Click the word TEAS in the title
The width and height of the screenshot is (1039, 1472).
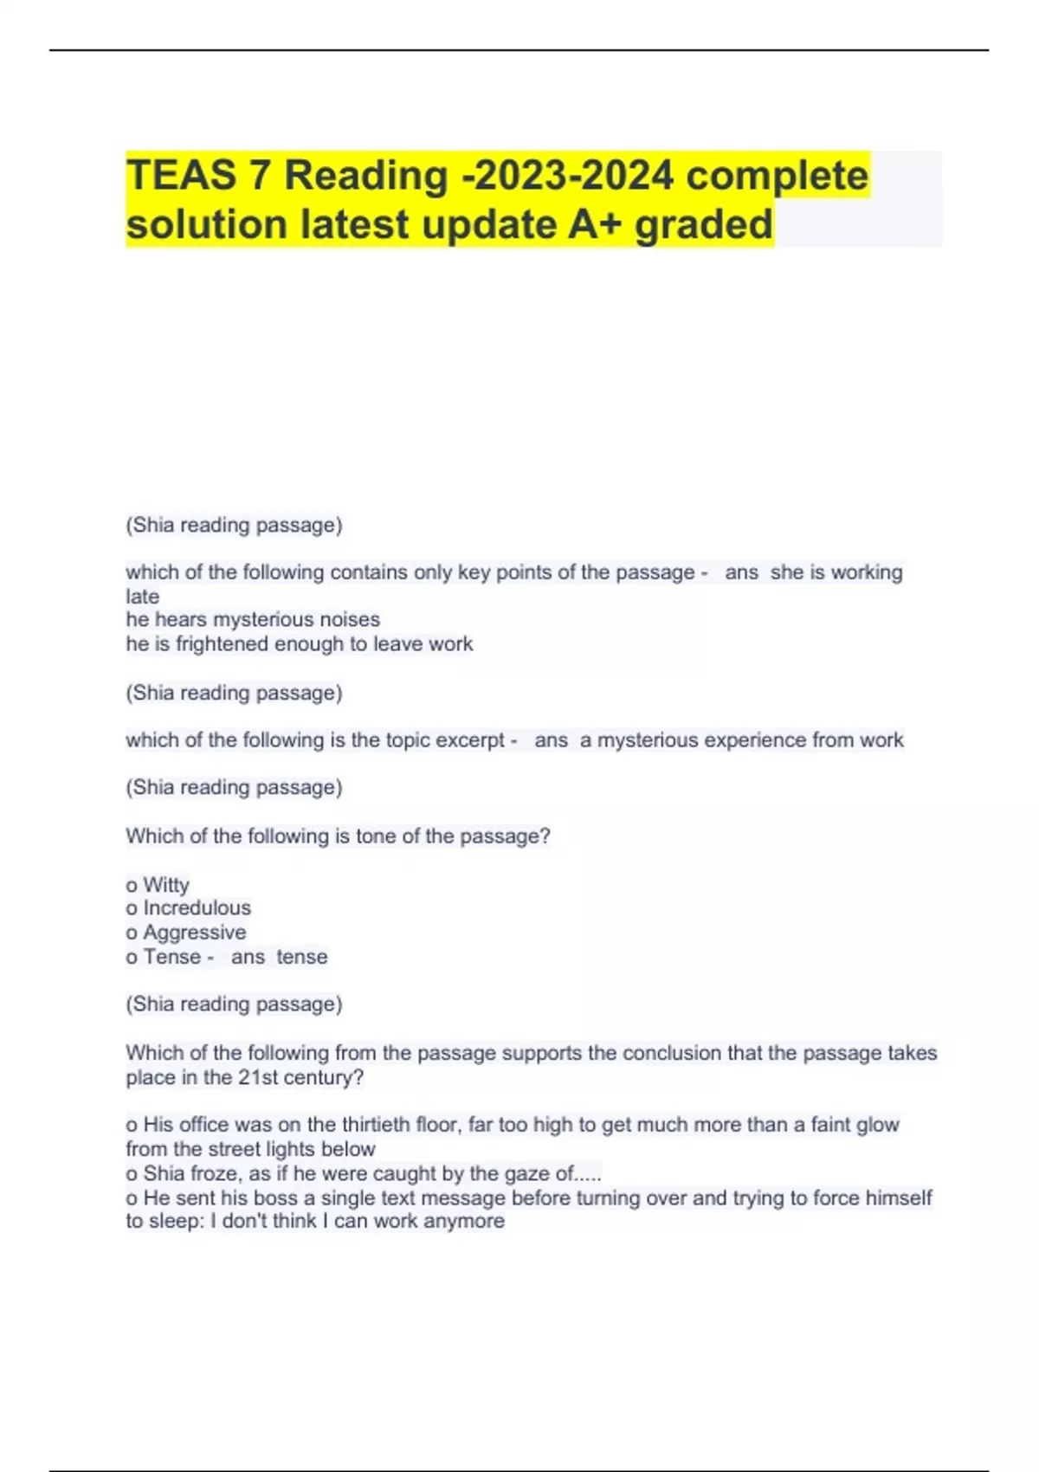pos(180,175)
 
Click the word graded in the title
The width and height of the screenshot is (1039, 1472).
pos(703,224)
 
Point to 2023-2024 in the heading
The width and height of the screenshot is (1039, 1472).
pos(569,175)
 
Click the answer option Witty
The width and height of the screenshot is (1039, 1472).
pos(165,885)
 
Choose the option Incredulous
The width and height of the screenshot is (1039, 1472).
pos(197,908)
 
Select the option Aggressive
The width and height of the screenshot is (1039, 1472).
pos(194,933)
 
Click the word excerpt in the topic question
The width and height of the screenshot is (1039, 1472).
pos(469,740)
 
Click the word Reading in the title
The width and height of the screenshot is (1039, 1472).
pos(365,175)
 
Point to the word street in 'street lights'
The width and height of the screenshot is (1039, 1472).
pos(235,1150)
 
